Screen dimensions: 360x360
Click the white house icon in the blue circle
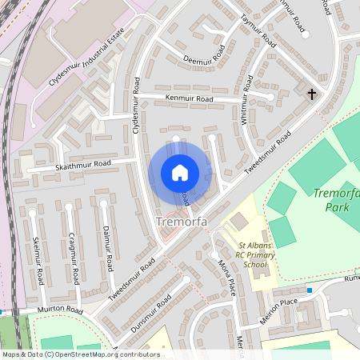[x=180, y=172]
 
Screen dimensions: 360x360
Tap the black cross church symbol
[x=312, y=94]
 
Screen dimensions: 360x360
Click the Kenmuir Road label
[x=189, y=98]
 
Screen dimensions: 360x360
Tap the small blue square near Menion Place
[x=310, y=290]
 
